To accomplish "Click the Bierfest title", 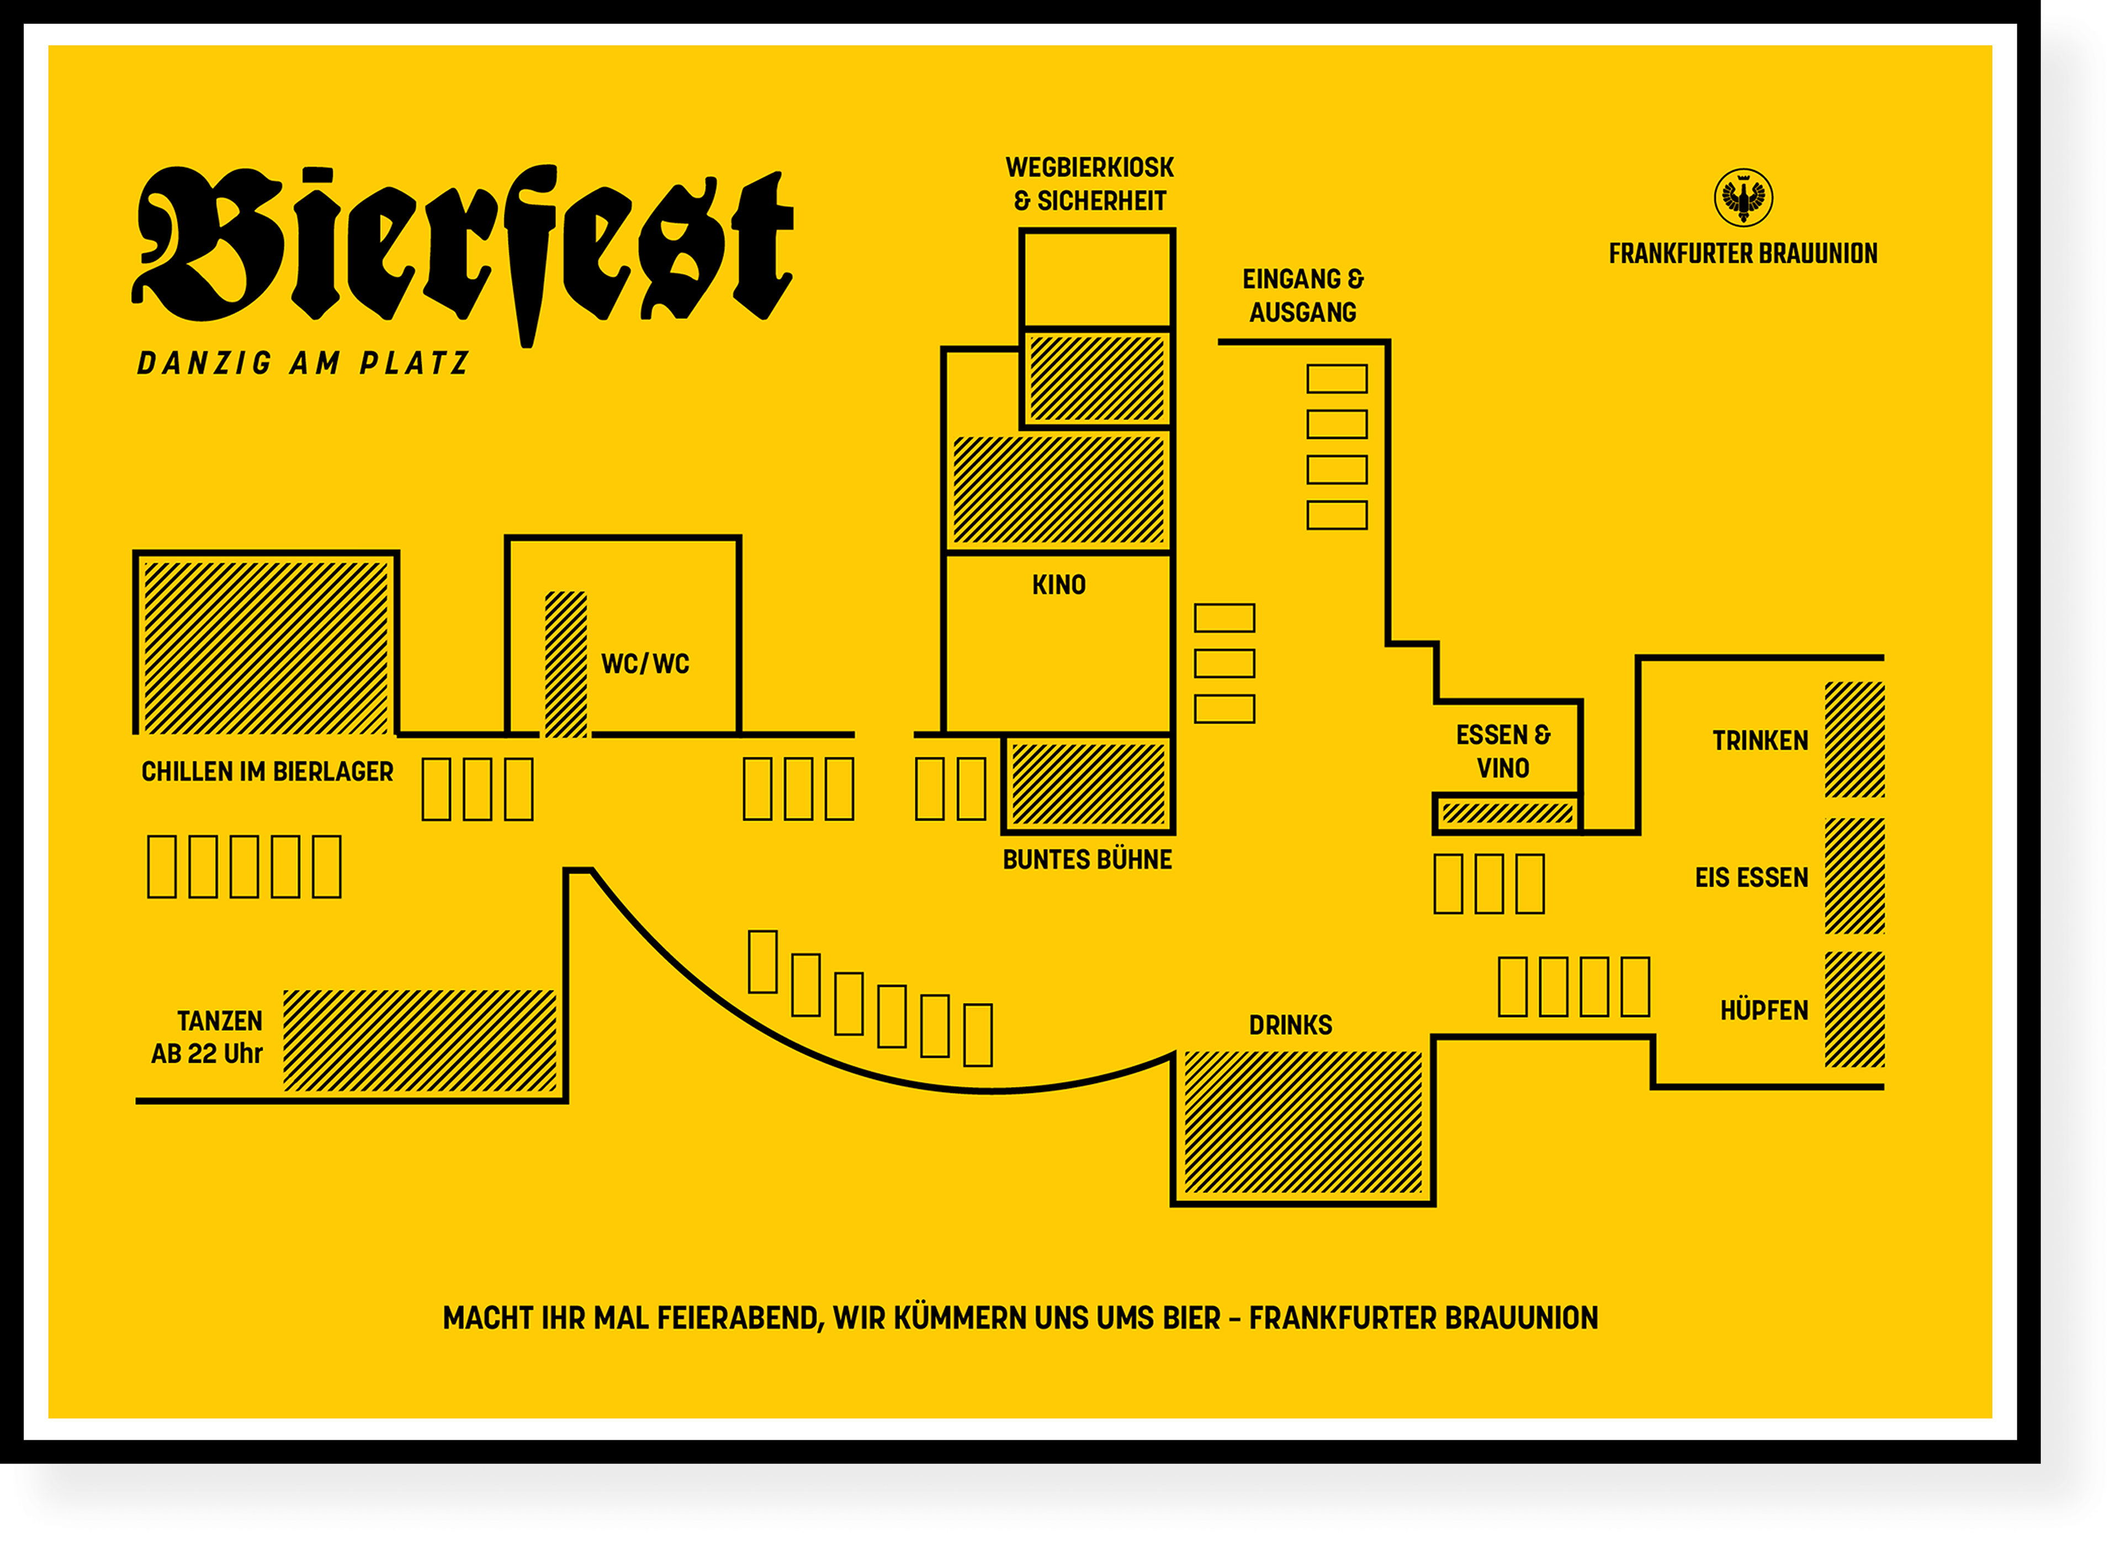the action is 463,248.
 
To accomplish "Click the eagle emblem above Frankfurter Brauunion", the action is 1742,197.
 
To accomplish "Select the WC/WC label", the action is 645,664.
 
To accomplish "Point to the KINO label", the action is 1058,585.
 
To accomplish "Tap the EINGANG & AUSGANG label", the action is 1302,295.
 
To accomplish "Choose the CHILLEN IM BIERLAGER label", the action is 267,772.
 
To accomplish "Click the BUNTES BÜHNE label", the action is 1087,860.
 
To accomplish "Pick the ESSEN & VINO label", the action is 1502,751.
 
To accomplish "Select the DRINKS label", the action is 1290,1025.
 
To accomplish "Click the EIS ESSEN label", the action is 1751,878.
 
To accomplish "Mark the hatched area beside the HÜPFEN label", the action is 1854,1009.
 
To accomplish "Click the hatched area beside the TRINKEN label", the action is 1854,740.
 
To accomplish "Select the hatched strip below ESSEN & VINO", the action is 1507,813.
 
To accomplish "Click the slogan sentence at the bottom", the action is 1020,1318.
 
